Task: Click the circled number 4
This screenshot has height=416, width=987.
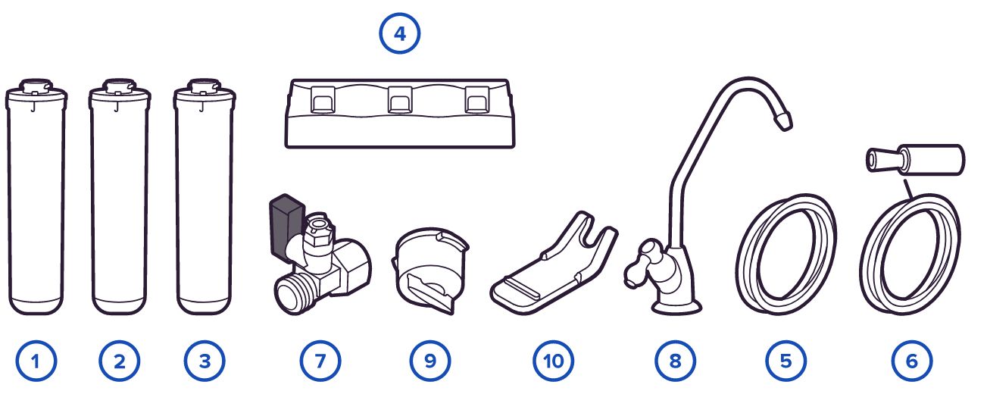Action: [x=400, y=33]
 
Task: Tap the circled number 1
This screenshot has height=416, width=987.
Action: [x=36, y=361]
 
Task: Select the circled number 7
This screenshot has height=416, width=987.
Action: [x=320, y=361]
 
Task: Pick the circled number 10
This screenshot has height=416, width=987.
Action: [x=554, y=361]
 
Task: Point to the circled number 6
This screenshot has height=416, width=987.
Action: [x=912, y=361]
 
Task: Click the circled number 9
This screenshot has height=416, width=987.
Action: [x=430, y=361]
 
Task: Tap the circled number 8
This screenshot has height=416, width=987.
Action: [x=675, y=361]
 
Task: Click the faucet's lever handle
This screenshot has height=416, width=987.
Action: [x=641, y=264]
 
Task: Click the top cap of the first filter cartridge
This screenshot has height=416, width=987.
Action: [x=36, y=88]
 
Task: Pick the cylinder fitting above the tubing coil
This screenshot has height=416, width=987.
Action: [x=916, y=160]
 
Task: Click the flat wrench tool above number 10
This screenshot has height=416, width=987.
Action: [x=554, y=264]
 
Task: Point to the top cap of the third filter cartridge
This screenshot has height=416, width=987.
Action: [x=205, y=88]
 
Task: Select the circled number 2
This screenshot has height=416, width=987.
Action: [x=120, y=361]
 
